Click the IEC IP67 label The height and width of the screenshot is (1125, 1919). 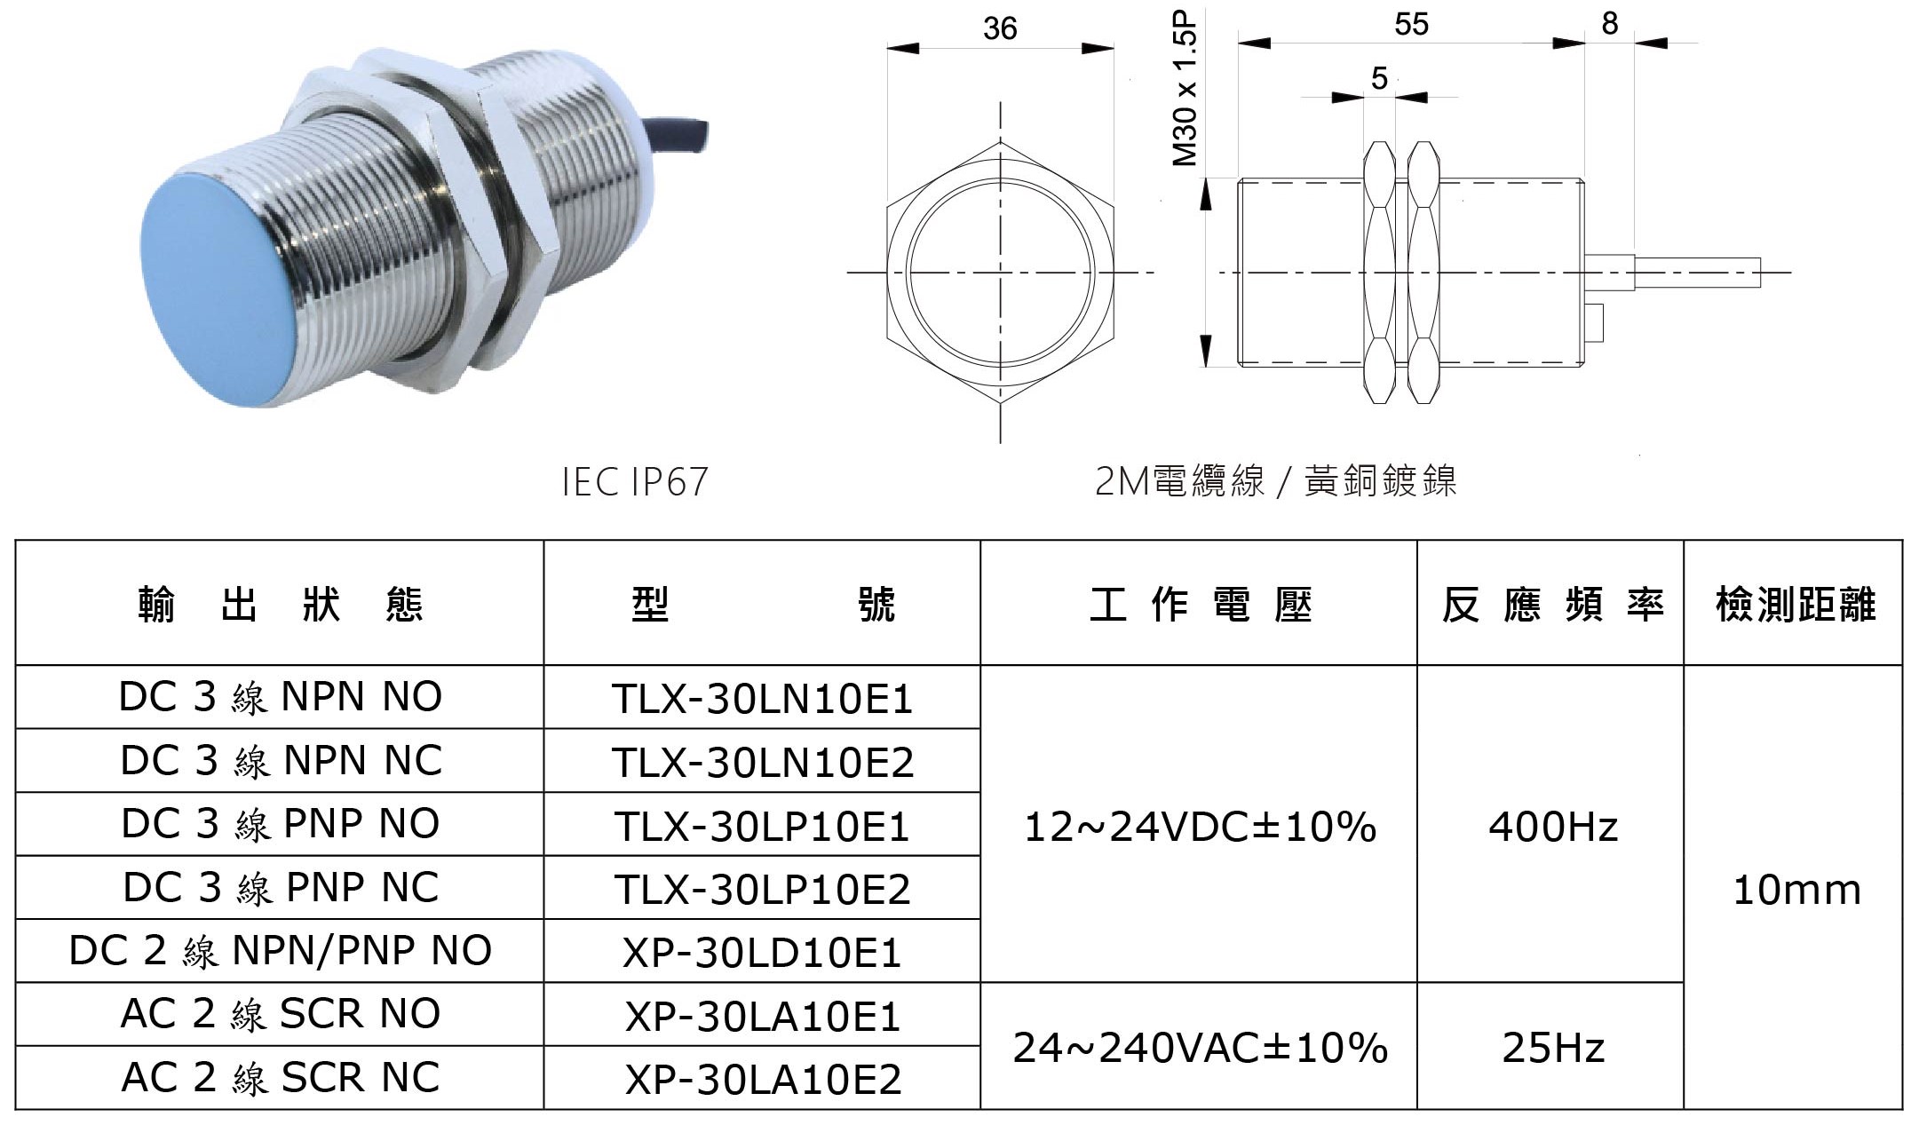[x=635, y=482]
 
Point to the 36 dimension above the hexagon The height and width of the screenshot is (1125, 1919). [x=999, y=29]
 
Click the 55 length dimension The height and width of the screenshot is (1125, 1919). [x=1411, y=25]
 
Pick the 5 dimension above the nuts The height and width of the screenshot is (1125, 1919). [x=1378, y=79]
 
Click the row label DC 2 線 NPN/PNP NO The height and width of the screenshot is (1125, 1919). [x=280, y=951]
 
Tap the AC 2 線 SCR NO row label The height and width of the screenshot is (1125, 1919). [x=280, y=1014]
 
